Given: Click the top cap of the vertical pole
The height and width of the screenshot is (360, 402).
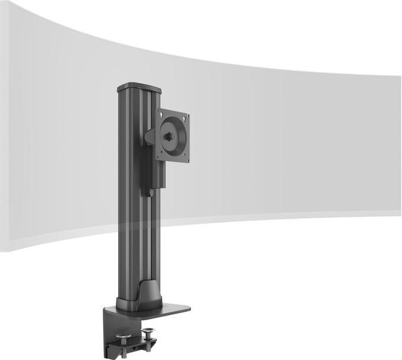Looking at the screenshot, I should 139,87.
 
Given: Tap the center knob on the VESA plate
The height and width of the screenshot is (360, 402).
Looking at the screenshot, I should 172,136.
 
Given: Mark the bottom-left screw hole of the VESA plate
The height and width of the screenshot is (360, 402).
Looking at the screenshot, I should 160,156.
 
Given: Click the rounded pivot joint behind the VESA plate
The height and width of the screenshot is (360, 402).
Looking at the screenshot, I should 151,136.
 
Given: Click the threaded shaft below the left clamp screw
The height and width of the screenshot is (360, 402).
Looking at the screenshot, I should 125,348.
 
